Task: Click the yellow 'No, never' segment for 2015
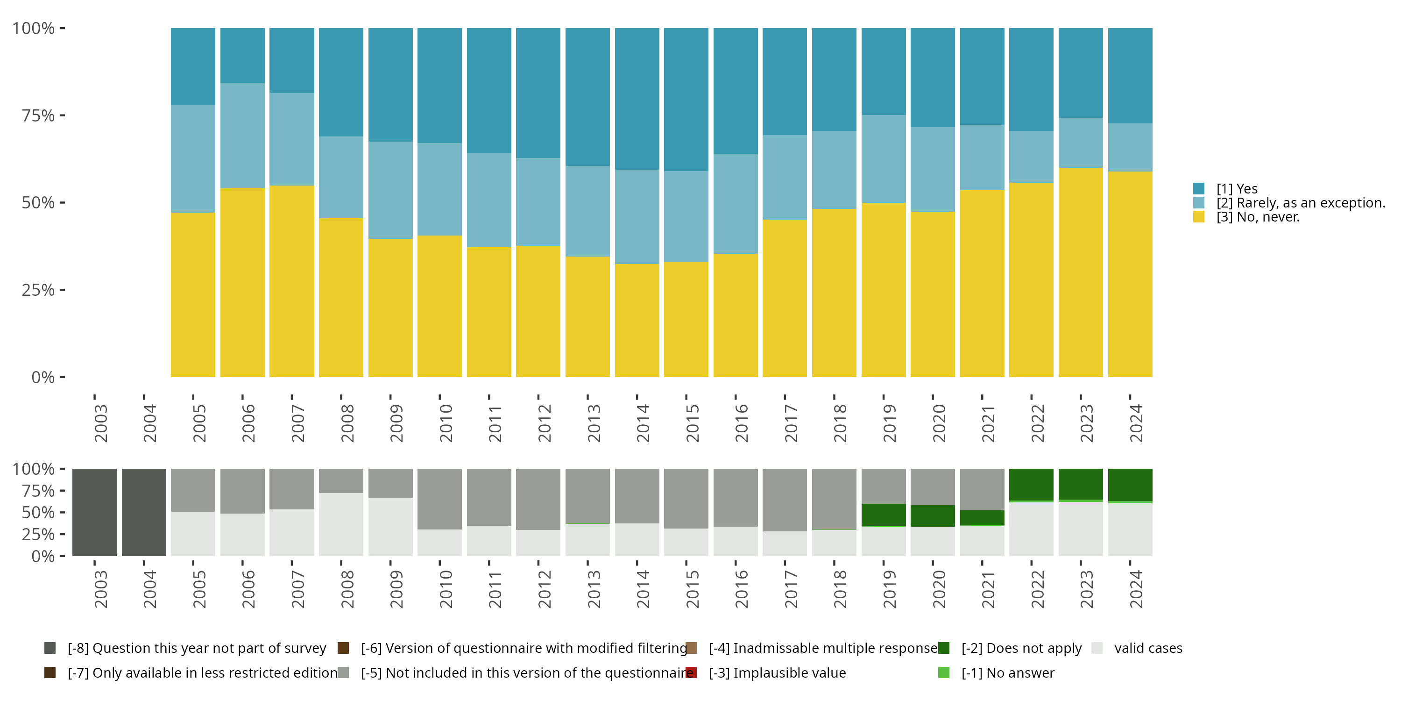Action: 686,320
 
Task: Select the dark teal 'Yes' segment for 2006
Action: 242,56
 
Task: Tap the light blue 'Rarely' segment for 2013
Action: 587,211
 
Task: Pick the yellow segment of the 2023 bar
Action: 1081,272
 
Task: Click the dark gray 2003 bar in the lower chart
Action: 95,512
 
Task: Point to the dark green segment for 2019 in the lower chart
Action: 883,515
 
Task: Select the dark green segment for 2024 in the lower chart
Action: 1130,484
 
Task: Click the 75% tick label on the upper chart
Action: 38,115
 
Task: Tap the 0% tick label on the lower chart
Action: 43,556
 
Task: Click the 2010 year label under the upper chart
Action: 446,423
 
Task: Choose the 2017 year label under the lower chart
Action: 791,589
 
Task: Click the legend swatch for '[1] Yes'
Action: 1199,189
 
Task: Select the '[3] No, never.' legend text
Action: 1258,217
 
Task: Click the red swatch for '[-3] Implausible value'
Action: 692,672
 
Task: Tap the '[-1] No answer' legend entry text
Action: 1008,672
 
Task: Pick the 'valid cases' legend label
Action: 1148,648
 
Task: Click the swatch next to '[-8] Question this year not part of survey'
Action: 50,648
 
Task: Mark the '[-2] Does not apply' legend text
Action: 1021,648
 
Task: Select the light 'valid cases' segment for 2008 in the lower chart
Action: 341,524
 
